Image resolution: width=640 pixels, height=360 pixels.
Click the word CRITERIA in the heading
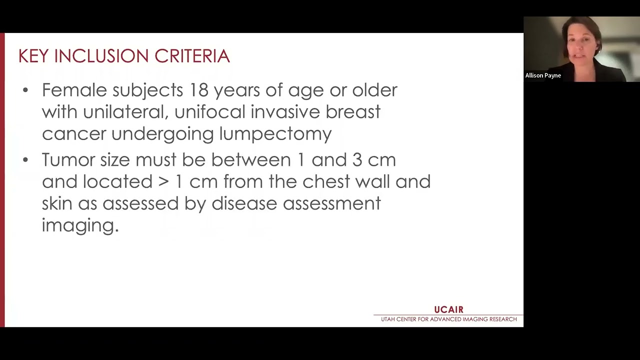point(192,56)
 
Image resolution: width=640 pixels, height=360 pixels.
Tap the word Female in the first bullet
point(74,90)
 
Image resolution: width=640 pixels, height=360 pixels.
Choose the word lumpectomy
point(275,134)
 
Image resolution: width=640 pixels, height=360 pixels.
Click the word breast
point(353,112)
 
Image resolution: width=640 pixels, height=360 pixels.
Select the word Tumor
point(68,160)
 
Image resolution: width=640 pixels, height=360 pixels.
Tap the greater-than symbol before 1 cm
point(163,181)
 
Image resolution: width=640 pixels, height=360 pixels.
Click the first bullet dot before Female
point(26,90)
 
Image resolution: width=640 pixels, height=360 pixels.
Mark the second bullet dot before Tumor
point(26,160)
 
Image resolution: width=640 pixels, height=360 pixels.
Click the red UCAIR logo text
point(448,310)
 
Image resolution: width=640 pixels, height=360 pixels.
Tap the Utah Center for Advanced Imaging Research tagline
point(448,319)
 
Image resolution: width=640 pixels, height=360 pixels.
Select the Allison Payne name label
point(543,75)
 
